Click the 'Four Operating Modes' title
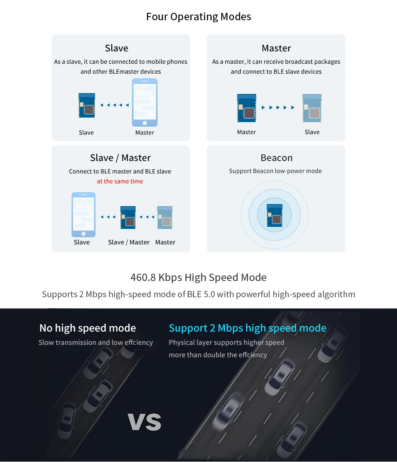point(198,17)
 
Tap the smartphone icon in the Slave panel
point(144,102)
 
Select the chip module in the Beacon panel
point(275,215)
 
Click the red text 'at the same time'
point(120,181)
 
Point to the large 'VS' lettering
point(144,422)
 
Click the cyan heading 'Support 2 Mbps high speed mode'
point(247,328)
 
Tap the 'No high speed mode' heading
point(88,328)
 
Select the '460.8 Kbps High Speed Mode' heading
point(198,277)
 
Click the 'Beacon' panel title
point(276,158)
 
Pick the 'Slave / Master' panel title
point(120,158)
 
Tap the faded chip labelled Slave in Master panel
point(312,108)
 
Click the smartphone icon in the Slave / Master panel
point(84,214)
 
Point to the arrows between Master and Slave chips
point(278,108)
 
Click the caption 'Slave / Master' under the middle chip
point(129,242)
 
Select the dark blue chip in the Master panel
point(246,108)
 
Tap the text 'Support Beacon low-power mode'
point(275,171)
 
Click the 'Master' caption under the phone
point(144,132)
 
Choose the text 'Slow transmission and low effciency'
point(96,342)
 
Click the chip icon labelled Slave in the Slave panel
point(87,105)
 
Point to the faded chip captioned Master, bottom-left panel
point(165,217)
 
